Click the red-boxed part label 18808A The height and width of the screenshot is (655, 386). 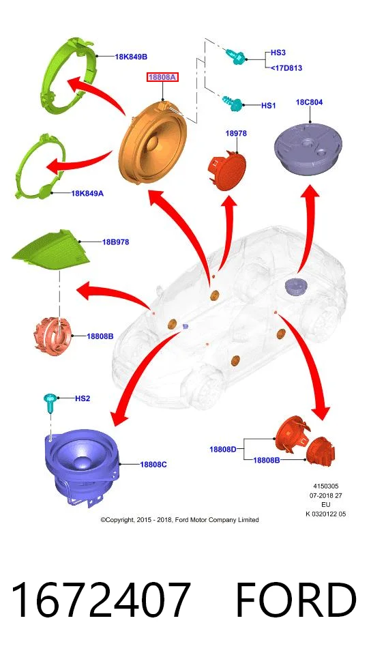[162, 77]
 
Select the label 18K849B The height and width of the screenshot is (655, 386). [131, 57]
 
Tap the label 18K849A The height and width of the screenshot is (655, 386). [87, 193]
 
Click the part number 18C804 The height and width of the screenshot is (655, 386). [309, 102]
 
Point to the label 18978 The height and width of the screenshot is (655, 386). [236, 133]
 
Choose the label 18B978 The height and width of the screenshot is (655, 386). [116, 242]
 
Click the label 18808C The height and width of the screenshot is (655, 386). [153, 464]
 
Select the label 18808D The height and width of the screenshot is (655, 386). [222, 450]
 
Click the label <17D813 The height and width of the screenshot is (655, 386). [286, 68]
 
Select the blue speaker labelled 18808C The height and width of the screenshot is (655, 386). [84, 467]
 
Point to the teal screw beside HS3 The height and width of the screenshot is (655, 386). [236, 57]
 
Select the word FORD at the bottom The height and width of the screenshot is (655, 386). [296, 600]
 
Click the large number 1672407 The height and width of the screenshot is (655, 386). [101, 600]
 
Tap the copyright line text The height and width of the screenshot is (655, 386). [179, 520]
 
